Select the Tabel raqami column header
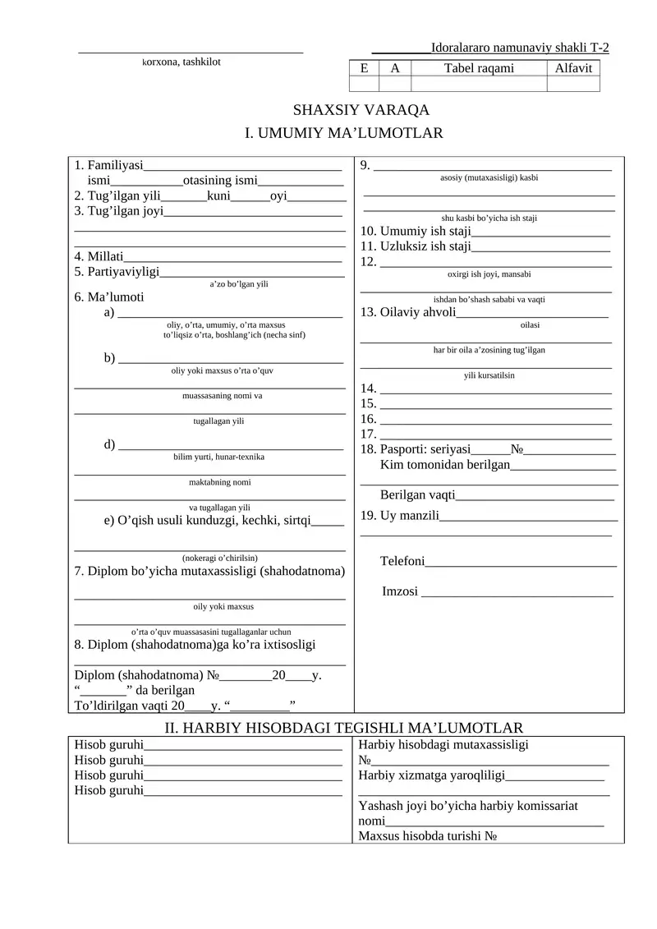click(x=479, y=68)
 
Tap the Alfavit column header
click(x=573, y=68)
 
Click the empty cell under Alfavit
click(x=573, y=84)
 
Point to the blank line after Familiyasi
click(x=242, y=167)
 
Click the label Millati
click(x=99, y=257)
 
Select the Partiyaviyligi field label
click(x=116, y=272)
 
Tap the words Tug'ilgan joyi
click(x=118, y=211)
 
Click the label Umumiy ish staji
click(x=415, y=232)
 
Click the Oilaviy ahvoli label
click(x=407, y=312)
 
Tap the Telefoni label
click(x=402, y=561)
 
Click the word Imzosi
click(x=400, y=591)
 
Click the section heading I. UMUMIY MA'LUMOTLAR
click(x=344, y=133)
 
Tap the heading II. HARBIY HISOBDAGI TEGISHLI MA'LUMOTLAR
click(x=344, y=728)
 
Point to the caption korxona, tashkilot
click(x=181, y=62)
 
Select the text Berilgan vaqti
click(x=417, y=495)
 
